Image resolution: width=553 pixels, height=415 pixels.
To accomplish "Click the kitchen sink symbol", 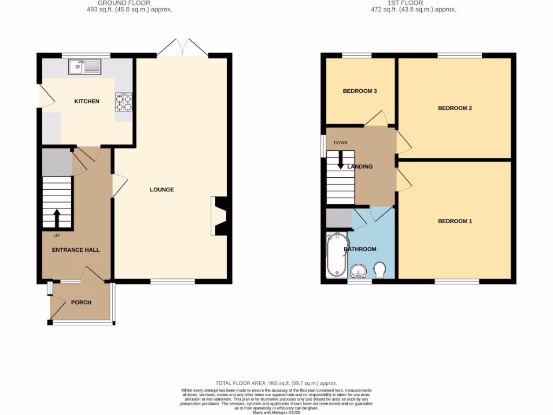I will (x=85, y=67).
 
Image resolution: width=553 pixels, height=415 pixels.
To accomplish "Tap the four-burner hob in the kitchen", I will (x=124, y=102).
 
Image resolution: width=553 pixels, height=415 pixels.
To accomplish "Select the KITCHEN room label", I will (x=87, y=101).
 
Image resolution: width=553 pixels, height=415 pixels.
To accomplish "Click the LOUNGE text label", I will (x=161, y=190).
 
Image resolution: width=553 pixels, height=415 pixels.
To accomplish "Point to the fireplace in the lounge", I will (x=220, y=216).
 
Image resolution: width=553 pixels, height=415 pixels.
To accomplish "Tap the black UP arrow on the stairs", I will (x=57, y=219).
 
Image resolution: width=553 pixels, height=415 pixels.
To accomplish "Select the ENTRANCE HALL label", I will (x=76, y=250).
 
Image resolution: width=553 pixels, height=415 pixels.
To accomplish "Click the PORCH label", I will (x=81, y=302).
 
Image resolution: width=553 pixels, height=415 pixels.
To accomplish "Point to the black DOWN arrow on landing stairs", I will (x=340, y=160).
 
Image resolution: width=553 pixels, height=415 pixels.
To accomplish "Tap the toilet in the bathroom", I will (x=380, y=270).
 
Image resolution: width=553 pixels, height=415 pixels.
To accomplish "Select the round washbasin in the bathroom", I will (x=358, y=271).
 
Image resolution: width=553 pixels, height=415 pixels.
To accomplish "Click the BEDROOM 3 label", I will (x=360, y=91).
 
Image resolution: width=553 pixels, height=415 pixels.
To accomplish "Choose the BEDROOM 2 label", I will (x=455, y=108).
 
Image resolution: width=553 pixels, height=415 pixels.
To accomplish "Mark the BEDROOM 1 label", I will (x=455, y=221).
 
